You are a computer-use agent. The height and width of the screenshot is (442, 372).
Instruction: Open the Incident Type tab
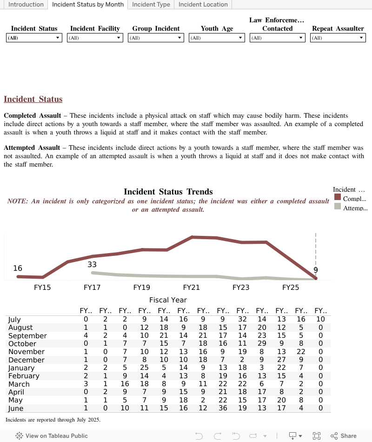(151, 5)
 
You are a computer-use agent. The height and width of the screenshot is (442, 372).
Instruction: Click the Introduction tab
(26, 5)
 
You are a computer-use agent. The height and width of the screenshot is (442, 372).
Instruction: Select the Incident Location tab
(203, 5)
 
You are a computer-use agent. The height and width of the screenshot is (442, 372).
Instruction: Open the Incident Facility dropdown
(95, 38)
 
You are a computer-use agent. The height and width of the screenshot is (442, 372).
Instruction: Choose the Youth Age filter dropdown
(217, 38)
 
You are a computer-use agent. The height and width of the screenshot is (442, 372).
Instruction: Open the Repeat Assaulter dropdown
(338, 38)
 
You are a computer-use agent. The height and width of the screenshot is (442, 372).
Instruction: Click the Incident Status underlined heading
(33, 99)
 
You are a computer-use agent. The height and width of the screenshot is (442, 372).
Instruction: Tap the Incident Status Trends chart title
(168, 192)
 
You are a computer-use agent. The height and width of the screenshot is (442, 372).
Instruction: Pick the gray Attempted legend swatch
(338, 207)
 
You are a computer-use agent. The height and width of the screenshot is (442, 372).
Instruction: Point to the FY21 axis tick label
(192, 288)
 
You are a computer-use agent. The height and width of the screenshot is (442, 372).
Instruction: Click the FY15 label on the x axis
(42, 288)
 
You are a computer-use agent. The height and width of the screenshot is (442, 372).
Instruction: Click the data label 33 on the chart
(92, 265)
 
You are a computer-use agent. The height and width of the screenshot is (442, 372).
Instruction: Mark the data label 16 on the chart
(18, 268)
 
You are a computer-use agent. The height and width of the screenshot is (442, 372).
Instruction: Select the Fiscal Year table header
(168, 300)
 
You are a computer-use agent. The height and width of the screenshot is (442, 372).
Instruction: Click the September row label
(27, 336)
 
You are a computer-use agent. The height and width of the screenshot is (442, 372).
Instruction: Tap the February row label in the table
(24, 376)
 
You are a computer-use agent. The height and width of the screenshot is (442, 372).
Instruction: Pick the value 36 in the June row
(223, 409)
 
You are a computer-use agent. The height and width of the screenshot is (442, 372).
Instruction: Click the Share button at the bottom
(344, 436)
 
